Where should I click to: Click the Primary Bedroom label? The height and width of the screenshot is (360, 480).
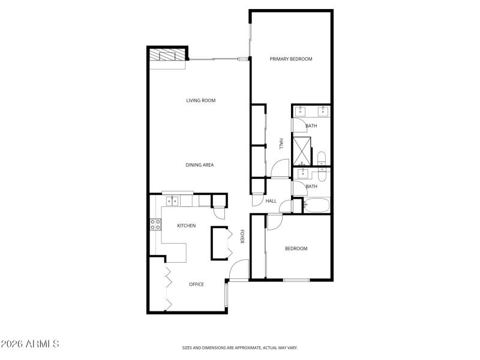(x=291, y=59)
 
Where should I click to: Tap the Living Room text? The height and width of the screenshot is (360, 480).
(x=200, y=100)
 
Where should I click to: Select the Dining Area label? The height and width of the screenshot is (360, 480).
(x=200, y=165)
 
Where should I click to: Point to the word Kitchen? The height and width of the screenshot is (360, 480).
(x=186, y=226)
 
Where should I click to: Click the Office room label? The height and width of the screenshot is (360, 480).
(x=196, y=284)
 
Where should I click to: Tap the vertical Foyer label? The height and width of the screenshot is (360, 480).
(x=242, y=236)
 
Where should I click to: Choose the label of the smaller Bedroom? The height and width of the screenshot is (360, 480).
(x=296, y=249)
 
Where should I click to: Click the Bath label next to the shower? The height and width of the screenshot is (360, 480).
(x=311, y=126)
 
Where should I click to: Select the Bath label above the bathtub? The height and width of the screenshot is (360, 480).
(x=311, y=187)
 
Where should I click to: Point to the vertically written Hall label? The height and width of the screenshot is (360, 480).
(x=280, y=144)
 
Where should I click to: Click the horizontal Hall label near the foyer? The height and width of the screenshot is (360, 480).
(x=271, y=201)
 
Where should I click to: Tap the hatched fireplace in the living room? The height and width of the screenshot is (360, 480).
(x=168, y=55)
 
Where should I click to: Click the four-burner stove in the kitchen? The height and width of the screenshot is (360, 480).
(x=155, y=225)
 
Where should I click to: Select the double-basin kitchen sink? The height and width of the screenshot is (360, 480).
(x=172, y=201)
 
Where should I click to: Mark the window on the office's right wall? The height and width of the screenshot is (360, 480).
(x=226, y=295)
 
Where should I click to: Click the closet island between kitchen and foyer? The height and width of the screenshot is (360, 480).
(x=220, y=243)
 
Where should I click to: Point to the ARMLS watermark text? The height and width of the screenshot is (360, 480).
(x=30, y=344)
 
